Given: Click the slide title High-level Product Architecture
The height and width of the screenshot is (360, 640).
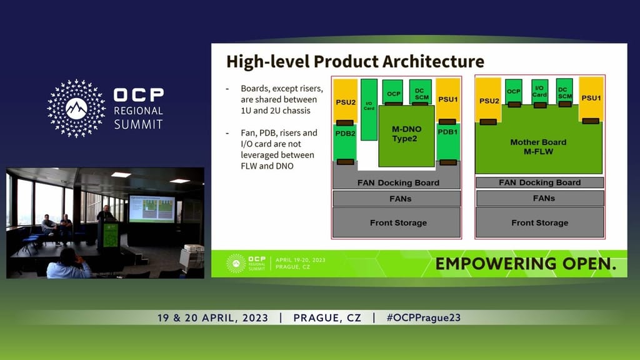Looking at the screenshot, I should [354, 62].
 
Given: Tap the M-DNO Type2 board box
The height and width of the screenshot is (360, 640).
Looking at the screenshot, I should [406, 134].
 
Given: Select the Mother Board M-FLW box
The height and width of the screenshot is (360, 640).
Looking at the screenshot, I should [538, 146].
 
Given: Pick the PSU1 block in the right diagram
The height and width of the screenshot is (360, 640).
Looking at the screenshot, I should [591, 97].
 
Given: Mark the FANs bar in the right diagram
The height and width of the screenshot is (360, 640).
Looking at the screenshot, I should [539, 199].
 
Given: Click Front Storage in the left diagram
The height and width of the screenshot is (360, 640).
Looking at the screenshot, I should [397, 222].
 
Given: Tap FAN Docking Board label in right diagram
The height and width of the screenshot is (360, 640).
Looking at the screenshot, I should [539, 182].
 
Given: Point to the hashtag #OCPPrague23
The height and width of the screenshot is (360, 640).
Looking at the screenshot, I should [423, 317].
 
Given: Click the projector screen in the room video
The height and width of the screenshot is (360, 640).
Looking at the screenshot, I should [152, 208].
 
